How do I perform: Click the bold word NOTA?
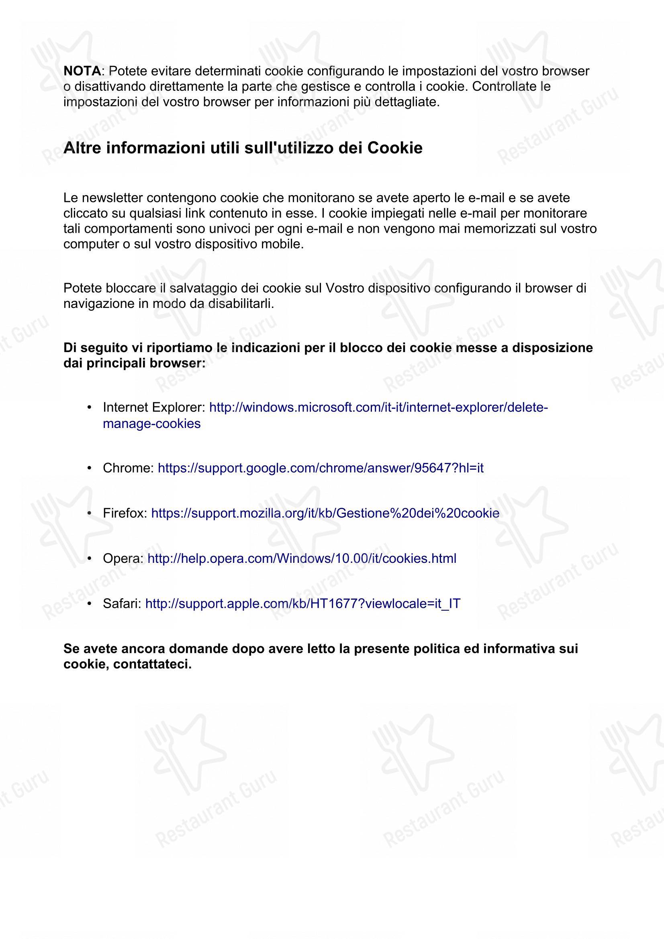(82, 71)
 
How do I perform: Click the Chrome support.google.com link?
(320, 468)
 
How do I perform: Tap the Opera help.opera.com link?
(302, 558)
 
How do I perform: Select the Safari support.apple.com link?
(303, 603)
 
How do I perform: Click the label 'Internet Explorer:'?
(154, 407)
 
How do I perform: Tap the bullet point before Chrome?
(89, 468)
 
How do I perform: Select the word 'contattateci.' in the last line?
(152, 664)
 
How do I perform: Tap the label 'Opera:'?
(123, 558)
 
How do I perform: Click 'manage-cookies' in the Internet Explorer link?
(152, 423)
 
